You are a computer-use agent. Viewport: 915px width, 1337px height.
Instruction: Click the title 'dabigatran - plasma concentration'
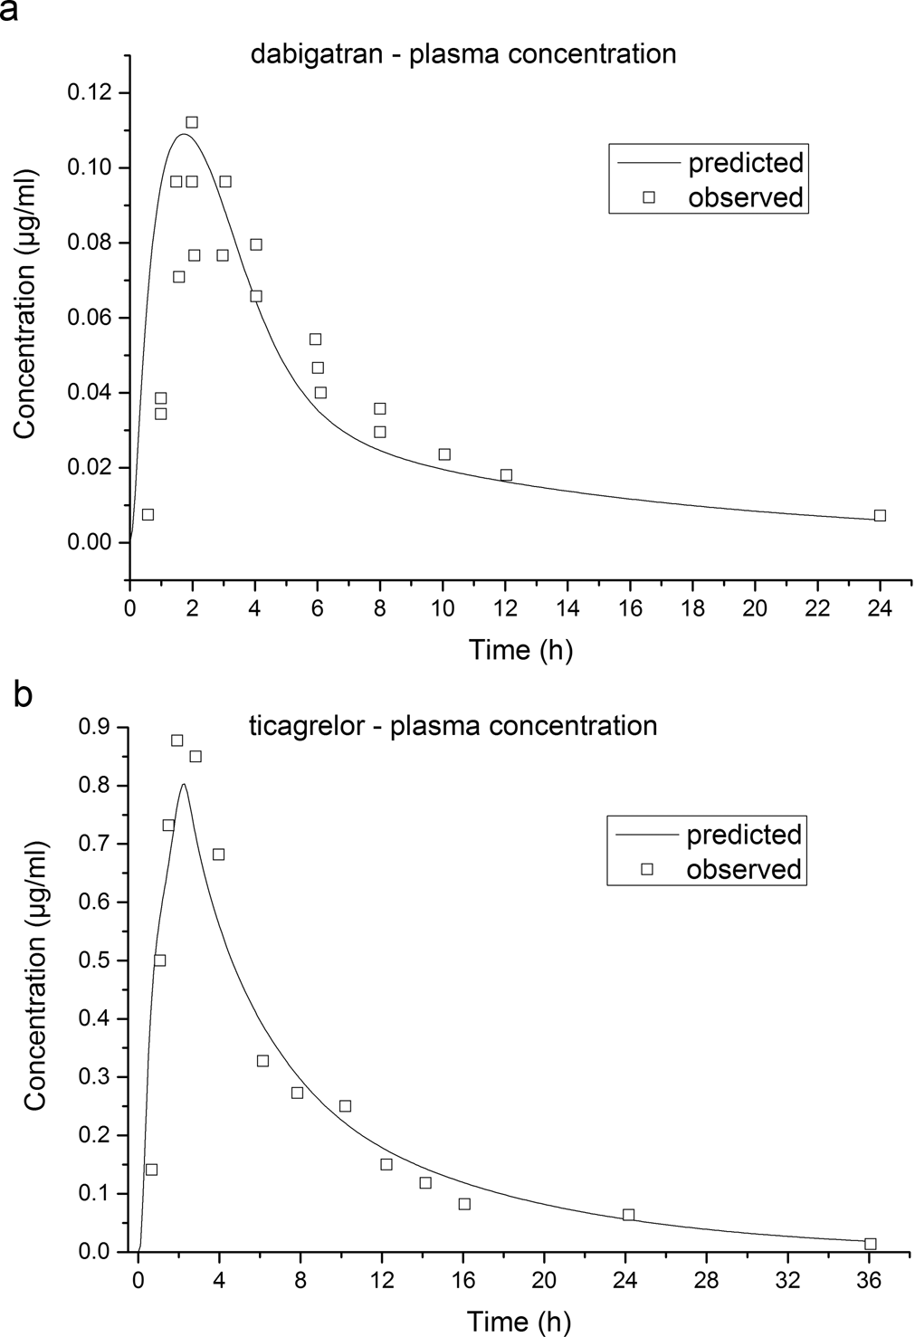[463, 53]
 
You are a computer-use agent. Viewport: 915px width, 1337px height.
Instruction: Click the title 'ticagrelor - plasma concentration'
[452, 725]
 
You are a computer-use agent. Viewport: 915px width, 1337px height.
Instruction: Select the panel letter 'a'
[10, 12]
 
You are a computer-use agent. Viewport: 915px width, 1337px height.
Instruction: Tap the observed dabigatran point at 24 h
[880, 515]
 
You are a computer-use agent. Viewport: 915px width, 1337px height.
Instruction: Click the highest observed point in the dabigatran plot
[192, 122]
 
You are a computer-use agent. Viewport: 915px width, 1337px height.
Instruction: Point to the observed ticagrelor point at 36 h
[870, 1244]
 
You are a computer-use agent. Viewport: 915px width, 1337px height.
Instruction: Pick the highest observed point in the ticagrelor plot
[177, 740]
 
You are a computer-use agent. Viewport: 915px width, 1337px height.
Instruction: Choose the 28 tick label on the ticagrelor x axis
[707, 1282]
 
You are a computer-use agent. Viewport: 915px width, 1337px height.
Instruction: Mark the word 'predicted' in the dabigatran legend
[746, 163]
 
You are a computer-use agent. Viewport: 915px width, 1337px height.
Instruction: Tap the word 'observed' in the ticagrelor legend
[744, 869]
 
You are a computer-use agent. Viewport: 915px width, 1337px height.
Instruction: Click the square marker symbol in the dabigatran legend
[648, 196]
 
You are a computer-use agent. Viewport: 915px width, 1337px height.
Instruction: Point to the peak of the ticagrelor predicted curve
[184, 785]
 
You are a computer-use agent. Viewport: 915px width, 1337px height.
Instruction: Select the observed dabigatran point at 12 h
[506, 475]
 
